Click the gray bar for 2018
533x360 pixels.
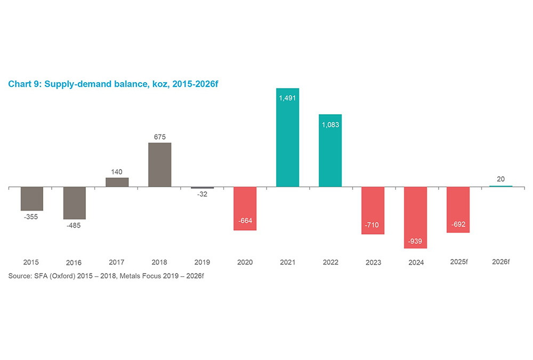click(159, 165)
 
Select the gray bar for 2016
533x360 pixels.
click(74, 203)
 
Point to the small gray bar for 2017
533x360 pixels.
click(117, 182)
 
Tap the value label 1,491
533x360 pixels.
click(287, 98)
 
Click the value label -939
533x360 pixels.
click(415, 242)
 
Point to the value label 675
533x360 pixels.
click(159, 137)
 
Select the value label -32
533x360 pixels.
click(202, 194)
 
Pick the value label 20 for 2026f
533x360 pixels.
click(500, 179)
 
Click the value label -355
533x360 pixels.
click(31, 217)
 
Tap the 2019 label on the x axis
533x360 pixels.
click(202, 262)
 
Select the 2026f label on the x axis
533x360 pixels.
click(500, 262)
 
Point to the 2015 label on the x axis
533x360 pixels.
click(31, 262)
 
